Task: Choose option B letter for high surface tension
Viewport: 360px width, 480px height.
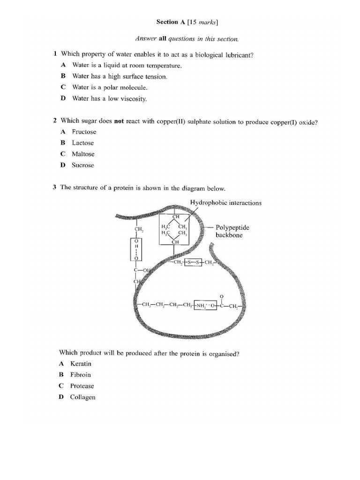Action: pos(63,76)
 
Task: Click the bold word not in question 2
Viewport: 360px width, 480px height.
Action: pos(119,121)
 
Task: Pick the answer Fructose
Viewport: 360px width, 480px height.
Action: pos(84,132)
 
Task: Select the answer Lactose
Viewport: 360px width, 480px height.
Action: pos(82,143)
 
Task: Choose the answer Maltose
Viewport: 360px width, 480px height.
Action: pos(83,154)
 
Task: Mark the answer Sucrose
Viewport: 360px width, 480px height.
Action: pos(82,165)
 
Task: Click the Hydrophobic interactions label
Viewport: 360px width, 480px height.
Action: pos(226,203)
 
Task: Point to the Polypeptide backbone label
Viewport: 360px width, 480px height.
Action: pos(232,231)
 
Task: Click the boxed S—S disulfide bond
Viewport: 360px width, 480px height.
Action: pos(193,262)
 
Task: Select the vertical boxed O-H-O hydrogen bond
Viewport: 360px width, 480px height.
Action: pos(136,249)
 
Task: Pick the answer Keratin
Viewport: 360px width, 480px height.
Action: pos(81,364)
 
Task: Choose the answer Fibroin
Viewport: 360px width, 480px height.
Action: pos(81,375)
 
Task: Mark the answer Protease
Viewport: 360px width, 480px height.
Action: pos(82,386)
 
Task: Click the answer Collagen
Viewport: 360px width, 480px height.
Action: pos(82,397)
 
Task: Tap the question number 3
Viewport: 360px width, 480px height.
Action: pos(55,187)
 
